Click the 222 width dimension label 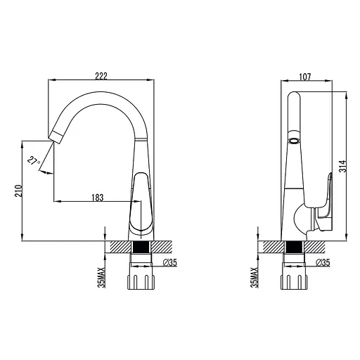(101, 76)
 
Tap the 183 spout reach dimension (97, 198)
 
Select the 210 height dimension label (18, 191)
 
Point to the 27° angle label (34, 161)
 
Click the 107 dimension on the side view (305, 77)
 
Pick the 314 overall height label (343, 166)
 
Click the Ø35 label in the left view (170, 263)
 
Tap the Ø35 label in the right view (323, 262)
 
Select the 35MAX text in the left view (102, 278)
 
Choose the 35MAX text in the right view (255, 278)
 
